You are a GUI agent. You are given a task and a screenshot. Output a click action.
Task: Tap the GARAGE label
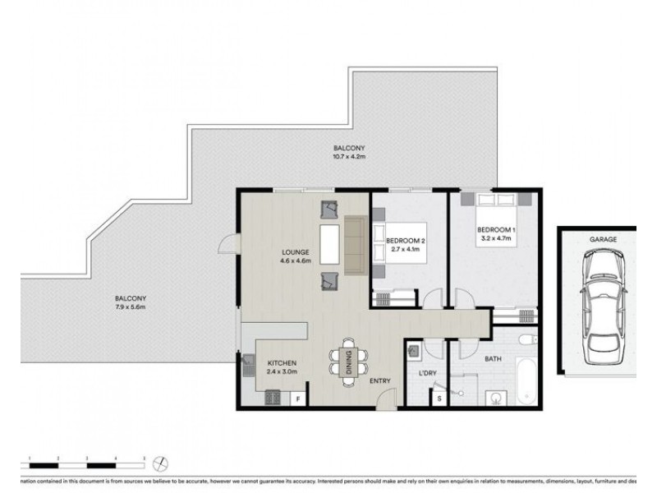click(x=602, y=239)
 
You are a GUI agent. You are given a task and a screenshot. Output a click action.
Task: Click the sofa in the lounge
click(x=356, y=245)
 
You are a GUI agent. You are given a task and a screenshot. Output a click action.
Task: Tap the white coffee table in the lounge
click(x=329, y=244)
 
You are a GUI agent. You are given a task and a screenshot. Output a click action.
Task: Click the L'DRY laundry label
click(x=426, y=375)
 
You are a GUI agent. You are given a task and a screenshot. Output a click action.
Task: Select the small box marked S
click(x=439, y=399)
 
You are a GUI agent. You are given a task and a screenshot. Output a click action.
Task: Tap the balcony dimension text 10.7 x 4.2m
click(x=348, y=156)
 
